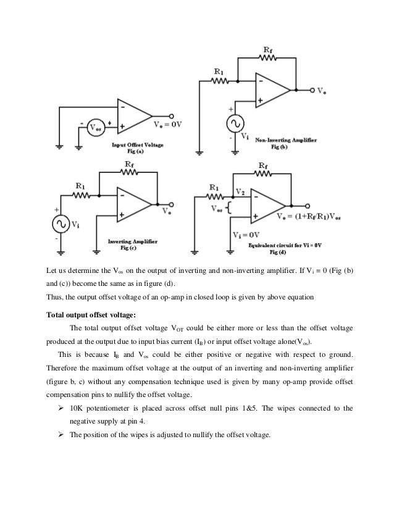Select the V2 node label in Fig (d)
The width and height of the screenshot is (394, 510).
click(241, 192)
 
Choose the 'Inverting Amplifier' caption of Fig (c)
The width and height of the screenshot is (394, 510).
click(132, 242)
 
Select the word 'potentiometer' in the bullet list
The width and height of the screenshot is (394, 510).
click(115, 408)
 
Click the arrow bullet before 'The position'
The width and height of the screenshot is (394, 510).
click(59, 435)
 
